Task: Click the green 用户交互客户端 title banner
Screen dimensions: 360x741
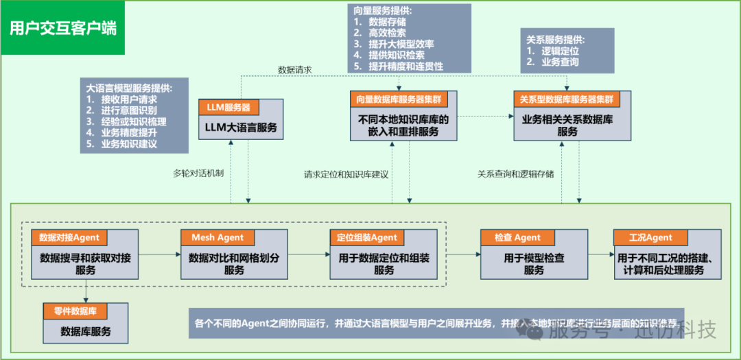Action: (62, 28)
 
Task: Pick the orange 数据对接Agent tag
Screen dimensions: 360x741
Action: (69, 237)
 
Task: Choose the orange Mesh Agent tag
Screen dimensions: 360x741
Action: (217, 237)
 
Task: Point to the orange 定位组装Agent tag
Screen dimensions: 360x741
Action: (367, 237)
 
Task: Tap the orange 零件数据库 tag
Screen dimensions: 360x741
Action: (80, 311)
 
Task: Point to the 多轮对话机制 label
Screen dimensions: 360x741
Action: (198, 173)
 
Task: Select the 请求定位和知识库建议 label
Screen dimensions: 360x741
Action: (346, 174)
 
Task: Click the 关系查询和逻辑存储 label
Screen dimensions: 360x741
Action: (516, 173)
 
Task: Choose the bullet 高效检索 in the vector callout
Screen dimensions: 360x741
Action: (387, 33)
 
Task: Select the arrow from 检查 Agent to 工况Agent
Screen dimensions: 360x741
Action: (600, 254)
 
